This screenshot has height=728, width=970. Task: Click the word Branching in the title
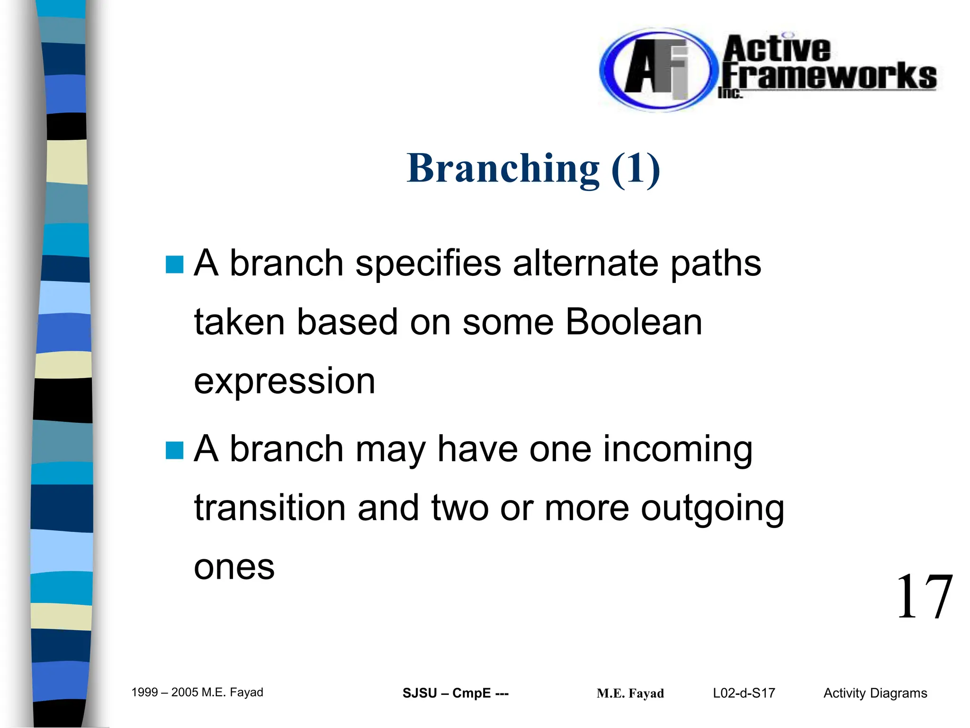[503, 169]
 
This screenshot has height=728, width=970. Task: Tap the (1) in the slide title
[636, 169]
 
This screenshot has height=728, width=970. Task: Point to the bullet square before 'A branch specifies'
[174, 265]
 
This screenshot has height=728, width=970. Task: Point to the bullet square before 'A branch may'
[174, 451]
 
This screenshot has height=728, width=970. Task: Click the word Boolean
[634, 322]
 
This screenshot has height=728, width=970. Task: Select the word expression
[285, 382]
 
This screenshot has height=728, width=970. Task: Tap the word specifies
[428, 264]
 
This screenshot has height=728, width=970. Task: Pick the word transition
[270, 508]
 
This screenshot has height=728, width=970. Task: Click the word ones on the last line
[234, 567]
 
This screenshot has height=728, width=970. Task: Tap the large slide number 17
[924, 597]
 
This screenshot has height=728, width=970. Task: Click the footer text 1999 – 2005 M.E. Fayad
[197, 692]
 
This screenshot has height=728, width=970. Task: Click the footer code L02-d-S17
[744, 693]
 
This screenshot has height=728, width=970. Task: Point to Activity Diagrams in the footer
[875, 693]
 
